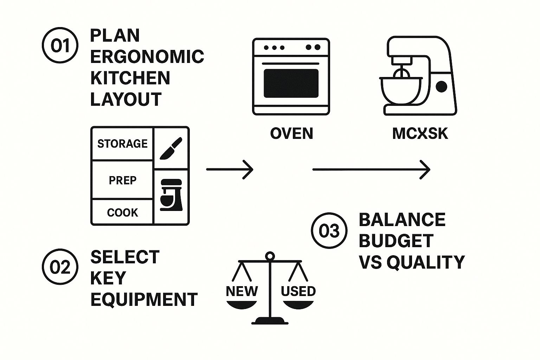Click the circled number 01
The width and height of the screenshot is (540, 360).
[60, 46]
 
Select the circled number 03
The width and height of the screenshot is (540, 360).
[329, 231]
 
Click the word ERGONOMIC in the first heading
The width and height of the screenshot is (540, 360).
[147, 57]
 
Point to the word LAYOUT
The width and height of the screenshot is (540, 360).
[126, 99]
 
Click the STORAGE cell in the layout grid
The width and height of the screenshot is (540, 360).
[122, 143]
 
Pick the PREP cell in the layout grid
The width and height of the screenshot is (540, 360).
[122, 180]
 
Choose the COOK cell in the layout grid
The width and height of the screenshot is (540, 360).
[122, 212]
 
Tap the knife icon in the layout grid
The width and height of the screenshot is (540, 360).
[171, 148]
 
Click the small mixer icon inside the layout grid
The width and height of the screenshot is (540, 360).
[171, 195]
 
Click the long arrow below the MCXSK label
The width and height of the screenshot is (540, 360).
[371, 169]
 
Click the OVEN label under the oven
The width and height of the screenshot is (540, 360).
[291, 134]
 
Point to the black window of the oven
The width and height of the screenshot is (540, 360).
[291, 83]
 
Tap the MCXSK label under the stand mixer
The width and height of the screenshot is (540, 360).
[420, 134]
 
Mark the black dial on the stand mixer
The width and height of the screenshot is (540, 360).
[441, 86]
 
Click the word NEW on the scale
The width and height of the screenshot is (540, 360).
[242, 291]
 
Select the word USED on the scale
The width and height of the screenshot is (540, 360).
[298, 291]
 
